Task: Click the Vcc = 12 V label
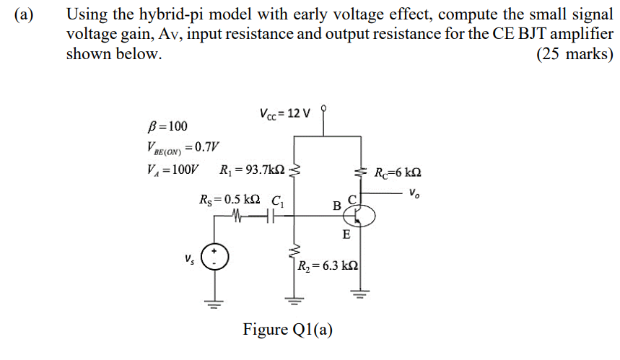click(x=284, y=113)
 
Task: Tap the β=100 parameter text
click(x=167, y=128)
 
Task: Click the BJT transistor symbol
click(x=359, y=214)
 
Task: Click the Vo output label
click(x=413, y=193)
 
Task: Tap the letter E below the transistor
click(x=346, y=234)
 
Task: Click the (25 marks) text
click(x=575, y=55)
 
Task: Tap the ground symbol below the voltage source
click(x=214, y=302)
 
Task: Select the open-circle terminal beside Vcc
click(x=325, y=107)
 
